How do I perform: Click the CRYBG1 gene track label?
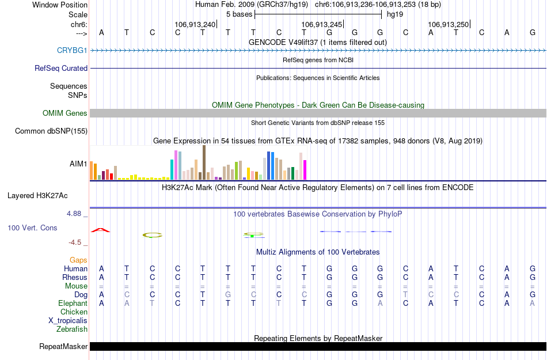pos(72,51)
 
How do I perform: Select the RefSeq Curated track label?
pos(61,68)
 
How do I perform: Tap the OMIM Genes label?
pos(65,113)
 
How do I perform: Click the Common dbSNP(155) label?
pos(51,131)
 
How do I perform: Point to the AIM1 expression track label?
pos(79,164)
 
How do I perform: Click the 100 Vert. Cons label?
pos(32,228)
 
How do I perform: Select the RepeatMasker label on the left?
pos(63,347)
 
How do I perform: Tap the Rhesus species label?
pos(75,278)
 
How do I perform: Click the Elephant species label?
pos(73,304)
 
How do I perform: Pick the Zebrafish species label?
pos(72,329)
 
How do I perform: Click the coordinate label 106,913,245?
pos(322,24)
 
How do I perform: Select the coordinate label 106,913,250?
pos(449,24)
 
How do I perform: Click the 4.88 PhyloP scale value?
pos(77,214)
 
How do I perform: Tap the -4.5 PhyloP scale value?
pos(78,242)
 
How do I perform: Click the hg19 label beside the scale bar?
pos(395,14)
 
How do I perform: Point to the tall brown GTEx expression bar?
pos(204,162)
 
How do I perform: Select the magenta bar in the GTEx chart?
pos(305,169)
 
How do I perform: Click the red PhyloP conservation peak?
pos(101,230)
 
